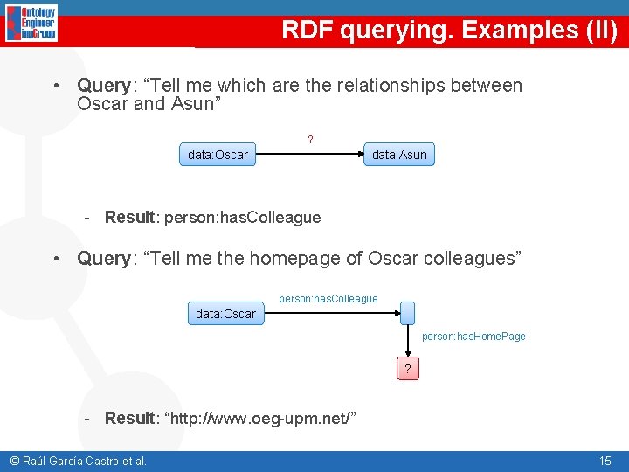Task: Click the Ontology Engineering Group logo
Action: click(31, 24)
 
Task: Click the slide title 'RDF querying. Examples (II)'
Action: click(449, 31)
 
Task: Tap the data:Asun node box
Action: click(399, 156)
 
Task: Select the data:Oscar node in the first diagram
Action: click(218, 156)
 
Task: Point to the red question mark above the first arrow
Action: click(310, 139)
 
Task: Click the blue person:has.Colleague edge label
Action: click(328, 299)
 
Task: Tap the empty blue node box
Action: click(408, 313)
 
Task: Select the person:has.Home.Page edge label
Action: click(473, 337)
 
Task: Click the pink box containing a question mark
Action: click(408, 369)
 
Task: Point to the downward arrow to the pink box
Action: click(408, 342)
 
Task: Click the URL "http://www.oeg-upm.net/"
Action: click(259, 418)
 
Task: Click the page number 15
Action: click(605, 461)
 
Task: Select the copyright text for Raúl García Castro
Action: click(78, 461)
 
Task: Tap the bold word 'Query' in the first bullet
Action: click(103, 86)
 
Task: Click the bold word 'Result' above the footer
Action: click(129, 418)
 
